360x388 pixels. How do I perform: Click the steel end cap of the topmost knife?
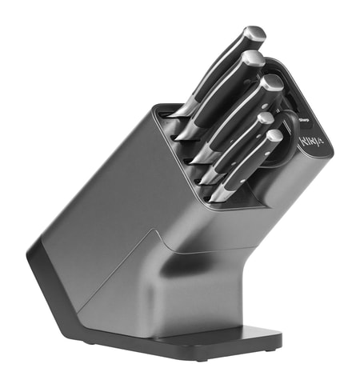pyautogui.click(x=254, y=34)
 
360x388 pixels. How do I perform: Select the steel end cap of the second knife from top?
pyautogui.click(x=254, y=58)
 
